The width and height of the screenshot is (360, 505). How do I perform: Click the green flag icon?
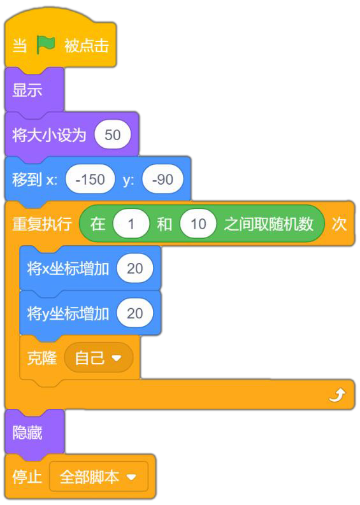[x=46, y=45]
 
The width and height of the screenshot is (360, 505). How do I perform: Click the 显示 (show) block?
[x=34, y=90]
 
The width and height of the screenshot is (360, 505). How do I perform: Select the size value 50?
[x=113, y=134]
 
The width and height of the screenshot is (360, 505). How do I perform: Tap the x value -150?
[x=90, y=180]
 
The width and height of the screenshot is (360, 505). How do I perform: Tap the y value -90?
[x=162, y=180]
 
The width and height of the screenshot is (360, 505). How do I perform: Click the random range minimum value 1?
[x=131, y=224]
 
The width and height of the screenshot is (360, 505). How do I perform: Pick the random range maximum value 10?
[x=198, y=224]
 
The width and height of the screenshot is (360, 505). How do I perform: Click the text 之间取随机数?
[x=268, y=224]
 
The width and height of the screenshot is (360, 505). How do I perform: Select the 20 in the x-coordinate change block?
[x=134, y=268]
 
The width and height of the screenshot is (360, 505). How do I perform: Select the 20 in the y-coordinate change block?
[x=134, y=313]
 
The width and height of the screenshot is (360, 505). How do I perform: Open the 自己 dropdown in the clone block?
[x=98, y=358]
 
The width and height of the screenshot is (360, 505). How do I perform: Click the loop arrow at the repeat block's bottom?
[x=337, y=395]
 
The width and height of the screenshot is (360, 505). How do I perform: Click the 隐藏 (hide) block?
[x=34, y=432]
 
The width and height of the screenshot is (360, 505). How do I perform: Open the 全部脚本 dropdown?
[x=99, y=476]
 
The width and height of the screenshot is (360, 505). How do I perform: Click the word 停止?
[x=27, y=476]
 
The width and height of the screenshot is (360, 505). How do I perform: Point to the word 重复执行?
[x=42, y=224]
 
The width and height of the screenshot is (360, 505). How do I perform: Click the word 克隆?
[x=42, y=358]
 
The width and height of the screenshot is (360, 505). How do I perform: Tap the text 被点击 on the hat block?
[x=87, y=45]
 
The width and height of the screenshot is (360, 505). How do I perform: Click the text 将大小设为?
[x=49, y=134]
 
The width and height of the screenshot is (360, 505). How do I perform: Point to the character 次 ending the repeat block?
[x=339, y=224]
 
